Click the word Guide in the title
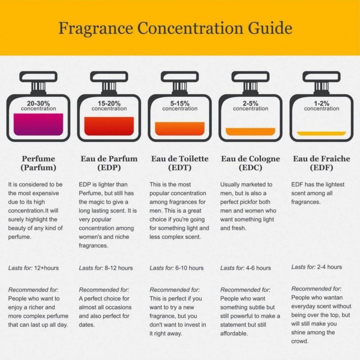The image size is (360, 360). pos(270,28)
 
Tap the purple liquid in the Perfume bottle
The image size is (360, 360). pos(38,124)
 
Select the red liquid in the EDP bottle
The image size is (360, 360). pos(109,126)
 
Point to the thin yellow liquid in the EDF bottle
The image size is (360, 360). pos(321,133)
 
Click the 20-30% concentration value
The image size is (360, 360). pos(38,103)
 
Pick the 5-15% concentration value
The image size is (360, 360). pos(180,103)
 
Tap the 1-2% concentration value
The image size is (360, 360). pos(321,103)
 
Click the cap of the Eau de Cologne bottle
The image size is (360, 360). pos(251,76)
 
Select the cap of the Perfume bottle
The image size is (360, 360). pos(38,76)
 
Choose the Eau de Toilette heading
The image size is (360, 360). pos(180,159)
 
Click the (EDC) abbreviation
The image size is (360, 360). pos(251,167)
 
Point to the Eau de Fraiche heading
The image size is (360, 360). pos(321,159)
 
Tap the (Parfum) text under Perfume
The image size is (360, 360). pos(38,167)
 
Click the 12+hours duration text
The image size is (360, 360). pos(46,268)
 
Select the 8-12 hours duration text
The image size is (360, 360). pos(119,268)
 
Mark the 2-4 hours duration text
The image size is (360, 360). pos(329,267)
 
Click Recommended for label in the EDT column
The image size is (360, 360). pos(175,290)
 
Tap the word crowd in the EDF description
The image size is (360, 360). pos(300,342)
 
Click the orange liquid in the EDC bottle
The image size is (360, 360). pos(251,131)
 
